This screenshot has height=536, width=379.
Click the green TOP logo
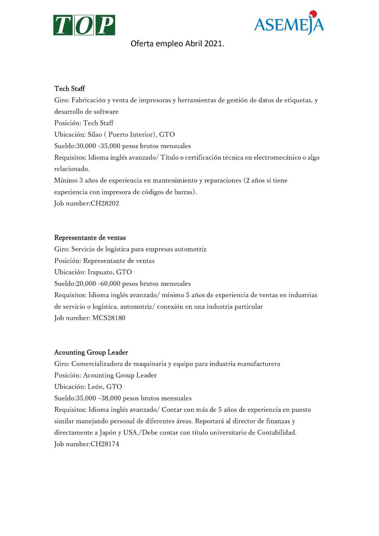click(x=84, y=25)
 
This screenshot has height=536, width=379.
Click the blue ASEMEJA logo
click(x=289, y=24)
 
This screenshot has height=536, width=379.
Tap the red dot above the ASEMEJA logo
click(x=313, y=14)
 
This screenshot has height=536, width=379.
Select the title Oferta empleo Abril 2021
click(x=177, y=44)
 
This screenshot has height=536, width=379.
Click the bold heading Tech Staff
click(x=70, y=89)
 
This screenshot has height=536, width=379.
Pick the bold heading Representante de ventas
click(x=90, y=238)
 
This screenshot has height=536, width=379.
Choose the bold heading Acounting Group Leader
click(x=91, y=352)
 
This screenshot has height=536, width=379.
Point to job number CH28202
click(x=105, y=203)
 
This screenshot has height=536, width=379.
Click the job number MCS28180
click(x=109, y=318)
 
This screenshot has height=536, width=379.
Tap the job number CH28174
click(x=105, y=444)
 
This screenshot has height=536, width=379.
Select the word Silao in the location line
click(x=95, y=135)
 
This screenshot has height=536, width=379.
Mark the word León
click(x=95, y=387)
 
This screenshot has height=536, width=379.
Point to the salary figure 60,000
click(x=110, y=284)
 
